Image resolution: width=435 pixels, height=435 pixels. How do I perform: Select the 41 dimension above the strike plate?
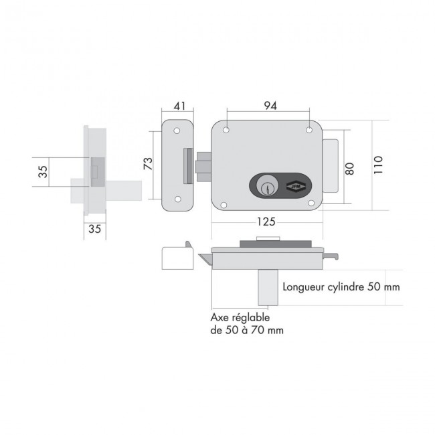tap(178, 106)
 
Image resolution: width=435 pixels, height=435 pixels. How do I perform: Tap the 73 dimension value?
tap(148, 164)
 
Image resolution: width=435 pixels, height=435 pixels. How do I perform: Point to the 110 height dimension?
tap(378, 165)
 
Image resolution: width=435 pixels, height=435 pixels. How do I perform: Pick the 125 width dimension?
tap(267, 222)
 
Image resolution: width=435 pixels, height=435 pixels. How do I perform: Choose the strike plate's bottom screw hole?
tap(178, 198)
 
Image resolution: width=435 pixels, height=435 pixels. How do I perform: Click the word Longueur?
tap(305, 287)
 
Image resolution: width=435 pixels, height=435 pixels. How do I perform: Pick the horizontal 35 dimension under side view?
tap(94, 230)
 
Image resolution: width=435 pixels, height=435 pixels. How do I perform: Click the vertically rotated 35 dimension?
tap(43, 171)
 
